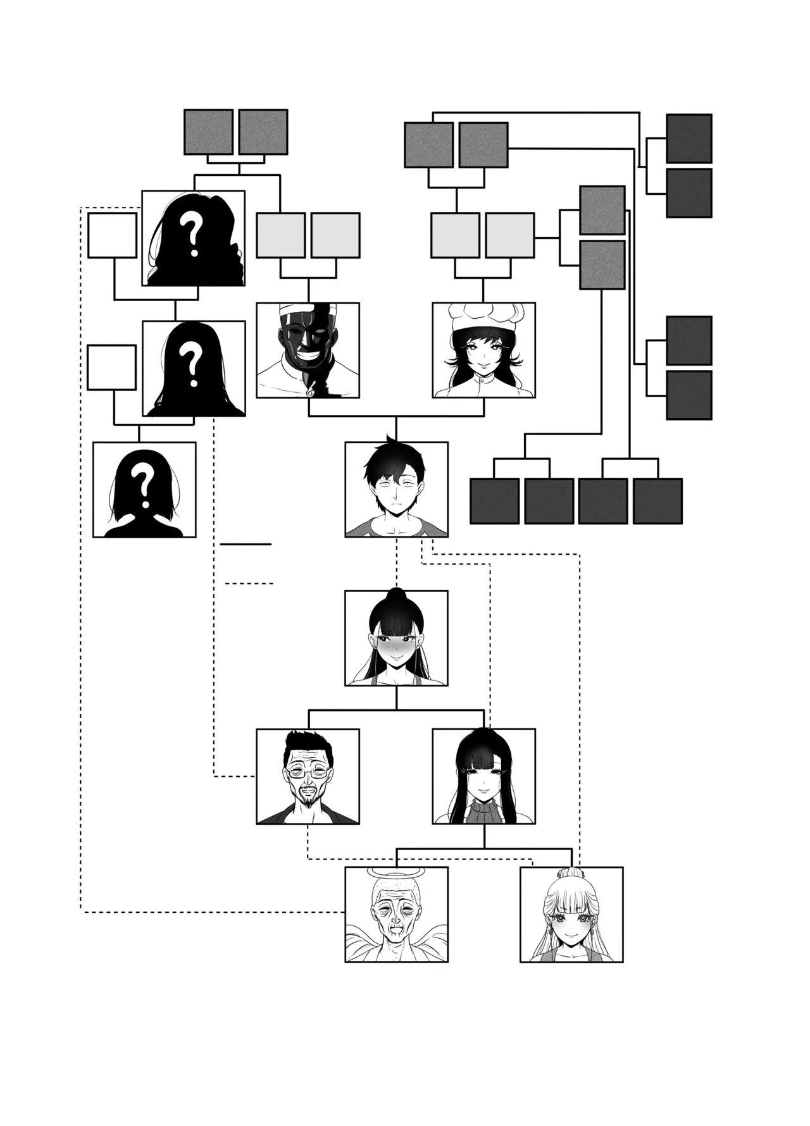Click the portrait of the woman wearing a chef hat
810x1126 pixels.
point(483,350)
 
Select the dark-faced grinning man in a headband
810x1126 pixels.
point(308,350)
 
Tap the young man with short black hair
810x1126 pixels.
point(396,489)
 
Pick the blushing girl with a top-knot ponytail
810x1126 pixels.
point(396,638)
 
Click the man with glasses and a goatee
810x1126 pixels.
point(308,776)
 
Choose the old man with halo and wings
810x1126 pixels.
point(396,914)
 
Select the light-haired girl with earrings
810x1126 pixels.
point(571,914)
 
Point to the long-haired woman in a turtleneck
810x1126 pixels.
point(483,776)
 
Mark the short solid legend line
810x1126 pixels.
point(245,544)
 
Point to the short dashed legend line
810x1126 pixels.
point(249,583)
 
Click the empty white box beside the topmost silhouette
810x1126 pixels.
point(113,235)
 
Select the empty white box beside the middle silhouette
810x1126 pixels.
point(111,368)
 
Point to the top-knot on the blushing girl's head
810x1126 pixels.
point(396,597)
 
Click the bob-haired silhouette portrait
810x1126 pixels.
point(144,489)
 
